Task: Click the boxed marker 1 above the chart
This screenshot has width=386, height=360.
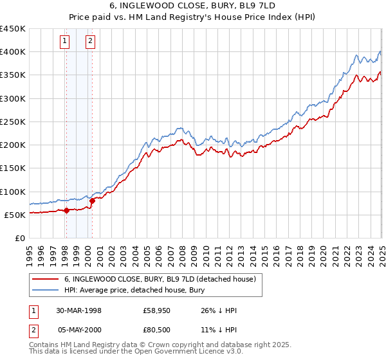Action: [x=66, y=42]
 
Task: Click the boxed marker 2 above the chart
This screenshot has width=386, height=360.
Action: [x=90, y=42]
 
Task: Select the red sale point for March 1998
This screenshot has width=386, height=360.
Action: [x=67, y=210]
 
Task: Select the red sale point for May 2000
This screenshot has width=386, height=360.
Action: [x=92, y=201]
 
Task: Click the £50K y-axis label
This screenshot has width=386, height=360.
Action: [x=15, y=215]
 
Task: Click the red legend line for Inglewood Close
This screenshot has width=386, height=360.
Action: [x=45, y=279]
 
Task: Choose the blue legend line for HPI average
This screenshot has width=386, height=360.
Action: [x=45, y=290]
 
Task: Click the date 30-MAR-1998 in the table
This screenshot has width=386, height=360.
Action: [x=78, y=310]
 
